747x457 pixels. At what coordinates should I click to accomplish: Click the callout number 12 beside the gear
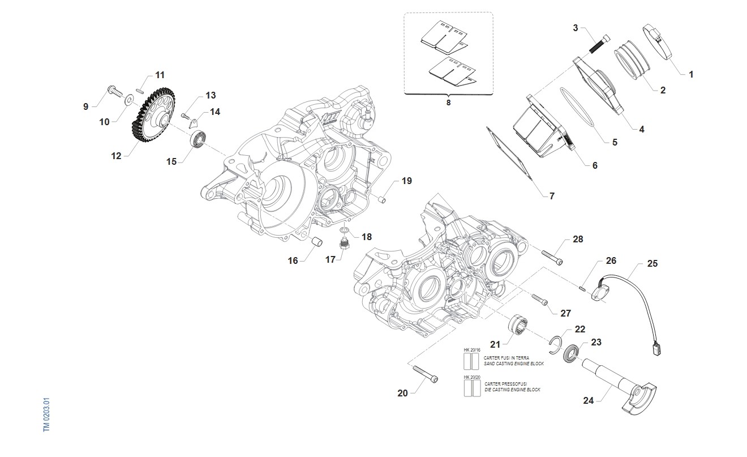116,156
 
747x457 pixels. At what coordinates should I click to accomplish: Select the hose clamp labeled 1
657,40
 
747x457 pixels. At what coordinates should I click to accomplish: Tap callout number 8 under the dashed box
448,104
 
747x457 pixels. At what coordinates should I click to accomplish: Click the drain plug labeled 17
343,245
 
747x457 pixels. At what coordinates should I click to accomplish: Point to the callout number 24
589,400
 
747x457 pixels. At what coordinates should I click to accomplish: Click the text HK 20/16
471,351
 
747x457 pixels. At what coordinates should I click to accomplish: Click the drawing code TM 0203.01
48,415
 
